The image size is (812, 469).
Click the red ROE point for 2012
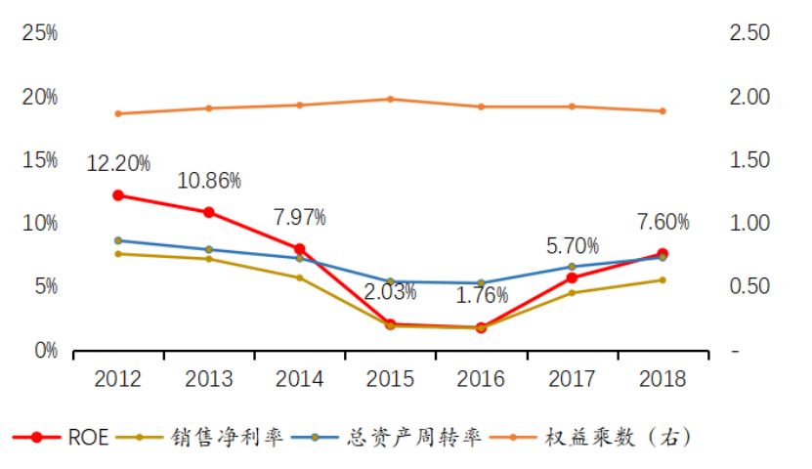coord(118,195)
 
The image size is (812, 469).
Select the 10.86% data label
coord(209,181)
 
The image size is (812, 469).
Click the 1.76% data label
coord(481,294)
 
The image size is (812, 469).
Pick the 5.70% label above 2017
coord(572,247)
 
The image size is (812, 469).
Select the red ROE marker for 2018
coord(662,254)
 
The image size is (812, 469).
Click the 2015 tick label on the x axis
coord(390,379)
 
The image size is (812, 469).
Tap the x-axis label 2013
coord(209,379)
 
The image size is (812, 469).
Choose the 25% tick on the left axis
coord(40,33)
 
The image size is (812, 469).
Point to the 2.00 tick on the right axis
coord(749,97)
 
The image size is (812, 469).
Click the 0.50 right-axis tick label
coord(749,286)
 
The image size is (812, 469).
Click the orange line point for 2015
coord(390,99)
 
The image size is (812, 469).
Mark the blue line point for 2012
coord(118,240)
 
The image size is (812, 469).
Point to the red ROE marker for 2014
coord(299,249)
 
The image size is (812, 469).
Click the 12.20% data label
coord(118,164)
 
